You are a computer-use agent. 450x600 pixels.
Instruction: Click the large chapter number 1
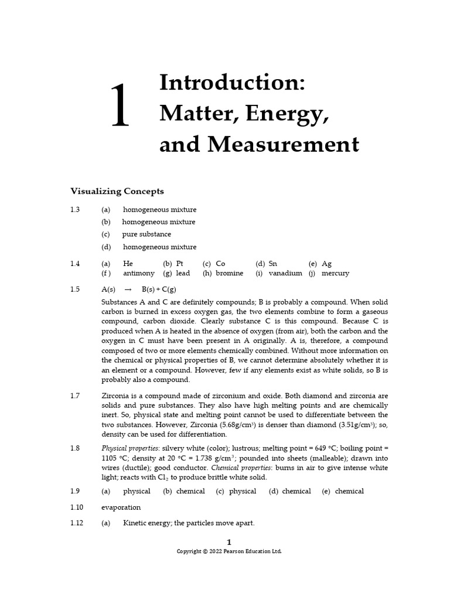[x=120, y=105]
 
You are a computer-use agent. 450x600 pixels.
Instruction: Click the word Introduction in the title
[x=232, y=82]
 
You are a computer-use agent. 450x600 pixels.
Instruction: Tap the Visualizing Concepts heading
[x=117, y=191]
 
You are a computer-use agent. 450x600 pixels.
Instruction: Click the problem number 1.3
[x=75, y=210]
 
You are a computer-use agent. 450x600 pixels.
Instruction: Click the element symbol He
[x=128, y=264]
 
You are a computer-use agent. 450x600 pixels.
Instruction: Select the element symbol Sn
[x=273, y=264]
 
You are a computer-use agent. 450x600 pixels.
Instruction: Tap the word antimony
[x=139, y=273]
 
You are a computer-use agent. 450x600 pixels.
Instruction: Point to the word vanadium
[x=285, y=273]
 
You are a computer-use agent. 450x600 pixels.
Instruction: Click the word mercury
[x=335, y=273]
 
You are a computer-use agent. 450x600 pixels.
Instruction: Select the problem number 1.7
[x=75, y=396]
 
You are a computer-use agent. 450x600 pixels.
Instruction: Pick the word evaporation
[x=121, y=507]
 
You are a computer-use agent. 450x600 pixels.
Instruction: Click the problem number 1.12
[x=77, y=523]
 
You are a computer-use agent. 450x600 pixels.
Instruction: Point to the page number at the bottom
[x=229, y=542]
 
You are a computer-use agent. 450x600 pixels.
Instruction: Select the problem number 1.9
[x=75, y=492]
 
